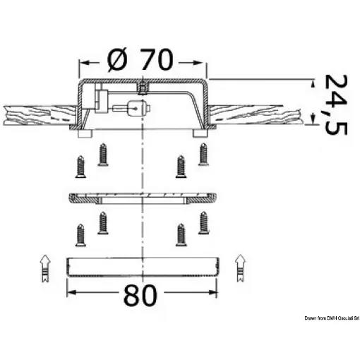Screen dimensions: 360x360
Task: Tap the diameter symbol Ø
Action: pos(119,61)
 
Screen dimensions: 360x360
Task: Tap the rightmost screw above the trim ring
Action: pos(205,153)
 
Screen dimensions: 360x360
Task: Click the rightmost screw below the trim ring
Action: pos(205,222)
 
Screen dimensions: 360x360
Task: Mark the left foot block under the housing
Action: pos(85,133)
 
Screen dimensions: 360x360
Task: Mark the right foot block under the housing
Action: pos(199,133)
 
